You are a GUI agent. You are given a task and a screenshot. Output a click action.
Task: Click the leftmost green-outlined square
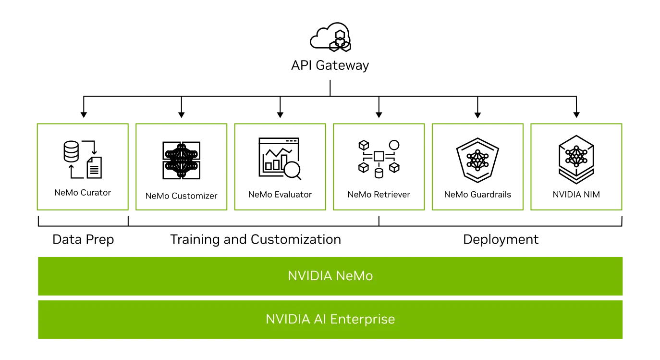tap(83, 167)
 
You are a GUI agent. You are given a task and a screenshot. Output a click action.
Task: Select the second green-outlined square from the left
tap(181, 167)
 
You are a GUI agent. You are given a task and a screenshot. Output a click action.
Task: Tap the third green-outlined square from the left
tap(280, 167)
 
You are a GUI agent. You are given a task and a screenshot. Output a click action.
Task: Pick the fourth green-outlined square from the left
tap(379, 167)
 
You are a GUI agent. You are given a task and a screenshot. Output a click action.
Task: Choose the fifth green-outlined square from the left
tap(478, 167)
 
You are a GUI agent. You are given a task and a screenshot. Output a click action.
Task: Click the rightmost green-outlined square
tap(576, 167)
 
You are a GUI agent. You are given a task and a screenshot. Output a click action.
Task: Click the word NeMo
tap(354, 276)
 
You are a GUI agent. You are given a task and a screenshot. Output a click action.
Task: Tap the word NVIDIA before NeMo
tap(310, 276)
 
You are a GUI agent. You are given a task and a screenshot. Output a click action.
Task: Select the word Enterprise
tap(363, 319)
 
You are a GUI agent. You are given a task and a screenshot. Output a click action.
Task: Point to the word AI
tap(320, 319)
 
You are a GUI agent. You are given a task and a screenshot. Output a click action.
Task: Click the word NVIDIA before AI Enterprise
tap(288, 319)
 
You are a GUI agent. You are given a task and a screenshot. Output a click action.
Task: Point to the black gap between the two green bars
tap(330, 298)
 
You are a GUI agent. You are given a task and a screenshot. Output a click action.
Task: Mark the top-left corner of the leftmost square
tap(36, 125)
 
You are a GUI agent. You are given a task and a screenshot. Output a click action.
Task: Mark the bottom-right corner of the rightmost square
tap(622, 210)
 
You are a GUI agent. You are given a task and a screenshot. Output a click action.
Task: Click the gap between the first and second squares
tap(133, 167)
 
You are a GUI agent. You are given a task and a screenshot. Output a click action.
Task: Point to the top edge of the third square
tap(280, 125)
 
